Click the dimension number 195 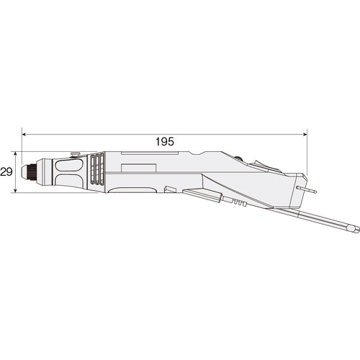[x=164, y=142]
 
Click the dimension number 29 [x=6, y=171]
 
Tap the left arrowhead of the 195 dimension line [x=25, y=133]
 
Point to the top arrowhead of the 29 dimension [x=16, y=154]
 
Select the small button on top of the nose [x=75, y=153]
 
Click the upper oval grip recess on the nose [x=68, y=165]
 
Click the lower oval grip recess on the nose [x=68, y=181]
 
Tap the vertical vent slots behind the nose [x=96, y=173]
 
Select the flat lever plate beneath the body [x=205, y=194]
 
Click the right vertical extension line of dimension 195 [x=307, y=155]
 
